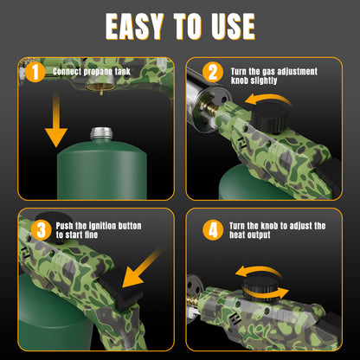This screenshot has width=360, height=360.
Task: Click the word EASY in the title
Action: [x=139, y=26]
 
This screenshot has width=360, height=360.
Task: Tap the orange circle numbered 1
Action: [x=35, y=72]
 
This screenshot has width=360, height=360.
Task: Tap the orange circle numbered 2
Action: [x=211, y=72]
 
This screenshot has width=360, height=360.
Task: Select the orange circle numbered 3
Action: [x=40, y=229]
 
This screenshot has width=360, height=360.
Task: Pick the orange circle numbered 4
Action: [x=211, y=229]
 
